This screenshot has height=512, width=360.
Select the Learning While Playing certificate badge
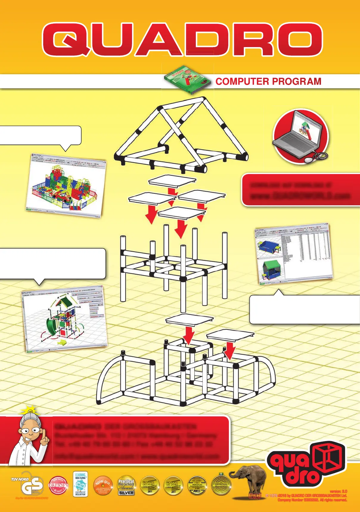point(80,484)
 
